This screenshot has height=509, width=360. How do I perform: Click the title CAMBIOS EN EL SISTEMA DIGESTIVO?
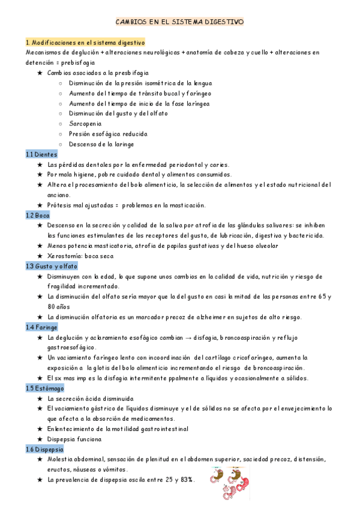click(x=180, y=22)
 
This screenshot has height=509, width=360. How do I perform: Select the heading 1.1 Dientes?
click(x=41, y=154)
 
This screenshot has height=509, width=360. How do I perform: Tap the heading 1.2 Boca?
click(x=38, y=215)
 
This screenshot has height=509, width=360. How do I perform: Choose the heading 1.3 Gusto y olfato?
click(x=51, y=265)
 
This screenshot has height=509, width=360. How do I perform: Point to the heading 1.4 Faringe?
click(x=42, y=327)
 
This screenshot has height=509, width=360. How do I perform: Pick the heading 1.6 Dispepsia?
click(x=45, y=449)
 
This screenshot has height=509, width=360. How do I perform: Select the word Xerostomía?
click(x=65, y=256)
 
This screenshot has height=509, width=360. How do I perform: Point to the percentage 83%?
click(x=185, y=480)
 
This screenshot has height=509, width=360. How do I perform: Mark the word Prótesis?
click(x=59, y=205)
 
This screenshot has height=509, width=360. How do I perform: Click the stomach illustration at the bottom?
click(x=232, y=482)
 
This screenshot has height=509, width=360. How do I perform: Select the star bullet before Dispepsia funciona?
click(x=40, y=439)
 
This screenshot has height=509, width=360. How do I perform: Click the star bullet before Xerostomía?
click(x=40, y=256)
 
